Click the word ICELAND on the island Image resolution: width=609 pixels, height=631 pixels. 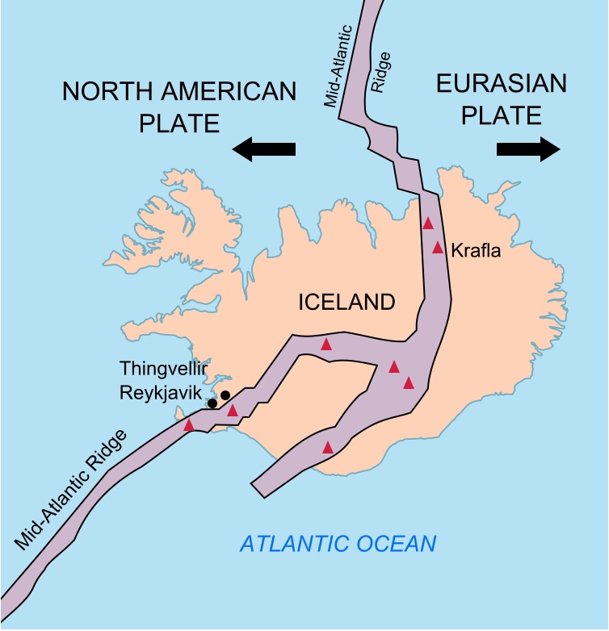346,303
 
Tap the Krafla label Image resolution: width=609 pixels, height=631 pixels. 476,250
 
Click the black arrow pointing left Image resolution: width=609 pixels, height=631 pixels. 263,148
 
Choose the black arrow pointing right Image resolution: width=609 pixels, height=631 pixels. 528,148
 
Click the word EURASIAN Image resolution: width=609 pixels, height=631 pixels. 501,84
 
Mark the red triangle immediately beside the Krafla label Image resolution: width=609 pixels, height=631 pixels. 438,247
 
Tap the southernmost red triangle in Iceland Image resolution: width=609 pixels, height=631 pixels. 328,447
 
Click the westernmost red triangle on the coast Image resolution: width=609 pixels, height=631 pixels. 189,424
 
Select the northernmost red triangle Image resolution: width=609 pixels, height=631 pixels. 428,224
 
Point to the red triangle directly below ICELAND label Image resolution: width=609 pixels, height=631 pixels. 326,344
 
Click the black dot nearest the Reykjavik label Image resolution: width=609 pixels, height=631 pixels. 212,403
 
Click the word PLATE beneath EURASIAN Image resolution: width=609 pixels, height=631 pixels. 501,115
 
